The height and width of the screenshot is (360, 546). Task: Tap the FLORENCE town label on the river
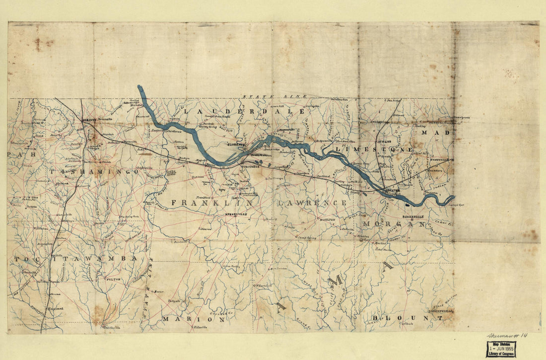pos(237,144)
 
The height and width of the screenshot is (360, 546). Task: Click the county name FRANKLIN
pos(212,203)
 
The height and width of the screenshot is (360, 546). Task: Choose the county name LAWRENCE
pos(312,203)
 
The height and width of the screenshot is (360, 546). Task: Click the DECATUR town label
pos(391,190)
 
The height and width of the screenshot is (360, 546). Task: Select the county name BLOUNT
pos(406,317)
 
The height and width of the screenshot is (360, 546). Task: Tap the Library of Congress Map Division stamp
pos(501,349)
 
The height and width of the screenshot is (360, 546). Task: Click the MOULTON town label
pos(327,219)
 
